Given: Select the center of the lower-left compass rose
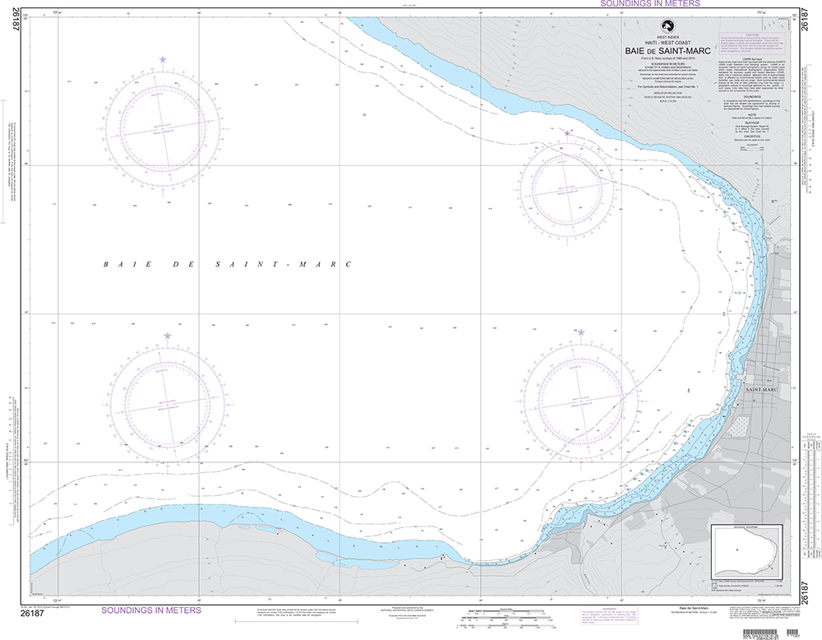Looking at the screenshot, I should click(168, 403).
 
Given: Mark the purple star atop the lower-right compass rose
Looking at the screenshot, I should click(581, 332).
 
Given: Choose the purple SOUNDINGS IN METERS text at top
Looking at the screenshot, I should click(650, 4).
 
